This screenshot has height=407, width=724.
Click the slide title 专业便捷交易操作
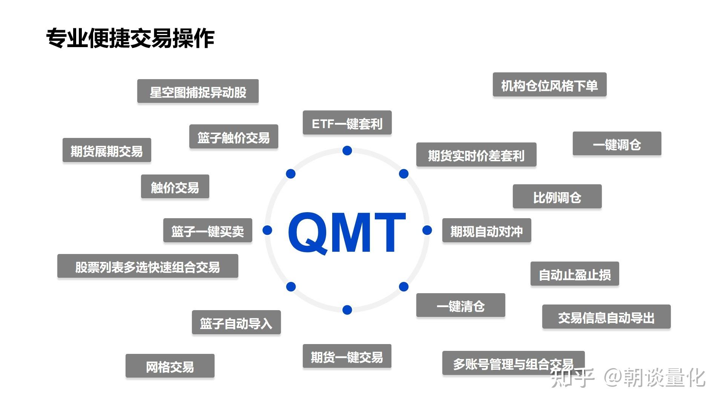(130, 38)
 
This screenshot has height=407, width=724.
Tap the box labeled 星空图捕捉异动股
(198, 91)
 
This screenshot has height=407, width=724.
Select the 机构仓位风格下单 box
(549, 85)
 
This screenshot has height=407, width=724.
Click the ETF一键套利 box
(347, 123)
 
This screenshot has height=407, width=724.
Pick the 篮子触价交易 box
(233, 137)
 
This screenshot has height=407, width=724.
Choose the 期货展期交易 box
(107, 150)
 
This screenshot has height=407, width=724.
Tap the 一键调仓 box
(617, 144)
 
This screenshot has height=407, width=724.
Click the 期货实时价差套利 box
(476, 155)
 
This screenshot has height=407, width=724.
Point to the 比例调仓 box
(557, 197)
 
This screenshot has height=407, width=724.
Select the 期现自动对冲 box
(486, 231)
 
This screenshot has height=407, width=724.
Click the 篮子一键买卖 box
(207, 231)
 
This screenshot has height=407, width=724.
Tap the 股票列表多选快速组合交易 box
(147, 266)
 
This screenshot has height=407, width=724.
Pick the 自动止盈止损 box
(575, 274)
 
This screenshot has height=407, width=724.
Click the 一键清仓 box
(460, 306)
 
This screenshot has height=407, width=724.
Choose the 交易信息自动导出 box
(606, 317)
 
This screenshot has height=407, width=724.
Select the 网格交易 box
(170, 366)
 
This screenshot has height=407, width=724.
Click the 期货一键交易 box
(347, 356)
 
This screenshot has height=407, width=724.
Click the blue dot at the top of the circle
(347, 151)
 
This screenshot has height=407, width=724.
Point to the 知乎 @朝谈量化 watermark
(628, 377)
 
